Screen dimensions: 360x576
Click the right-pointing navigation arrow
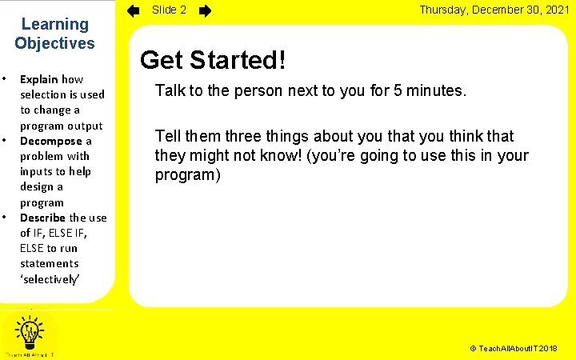pos(206,11)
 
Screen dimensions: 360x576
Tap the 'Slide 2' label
pos(170,10)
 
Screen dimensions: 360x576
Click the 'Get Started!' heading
pos(213,60)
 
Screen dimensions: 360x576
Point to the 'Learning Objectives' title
pos(54,34)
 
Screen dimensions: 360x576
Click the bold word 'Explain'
pos(39,80)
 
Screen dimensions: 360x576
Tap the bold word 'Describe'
pos(43,218)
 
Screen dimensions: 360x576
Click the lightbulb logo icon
pos(30,331)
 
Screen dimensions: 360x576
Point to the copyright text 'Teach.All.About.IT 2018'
pos(514,350)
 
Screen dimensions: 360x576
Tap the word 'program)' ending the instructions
pos(187,174)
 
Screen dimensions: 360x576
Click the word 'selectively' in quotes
pos(50,278)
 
